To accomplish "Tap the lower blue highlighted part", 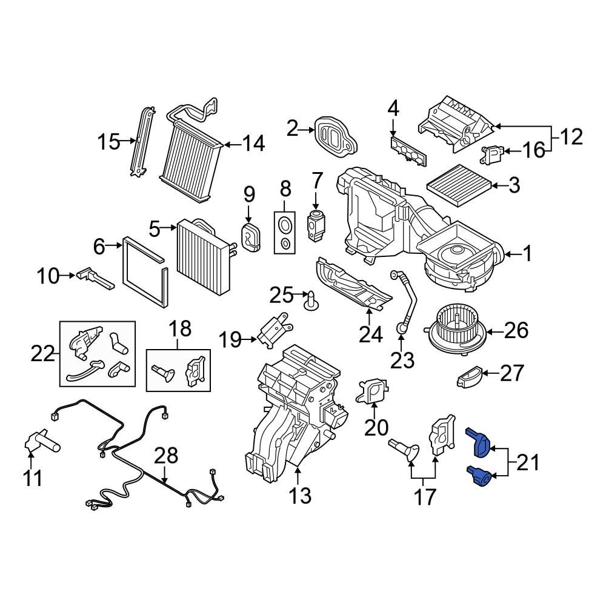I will [x=480, y=476].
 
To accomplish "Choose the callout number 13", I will [x=299, y=496].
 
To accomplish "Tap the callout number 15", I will [x=109, y=143].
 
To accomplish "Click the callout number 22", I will [x=43, y=353].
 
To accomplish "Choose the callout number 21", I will [x=527, y=464].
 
